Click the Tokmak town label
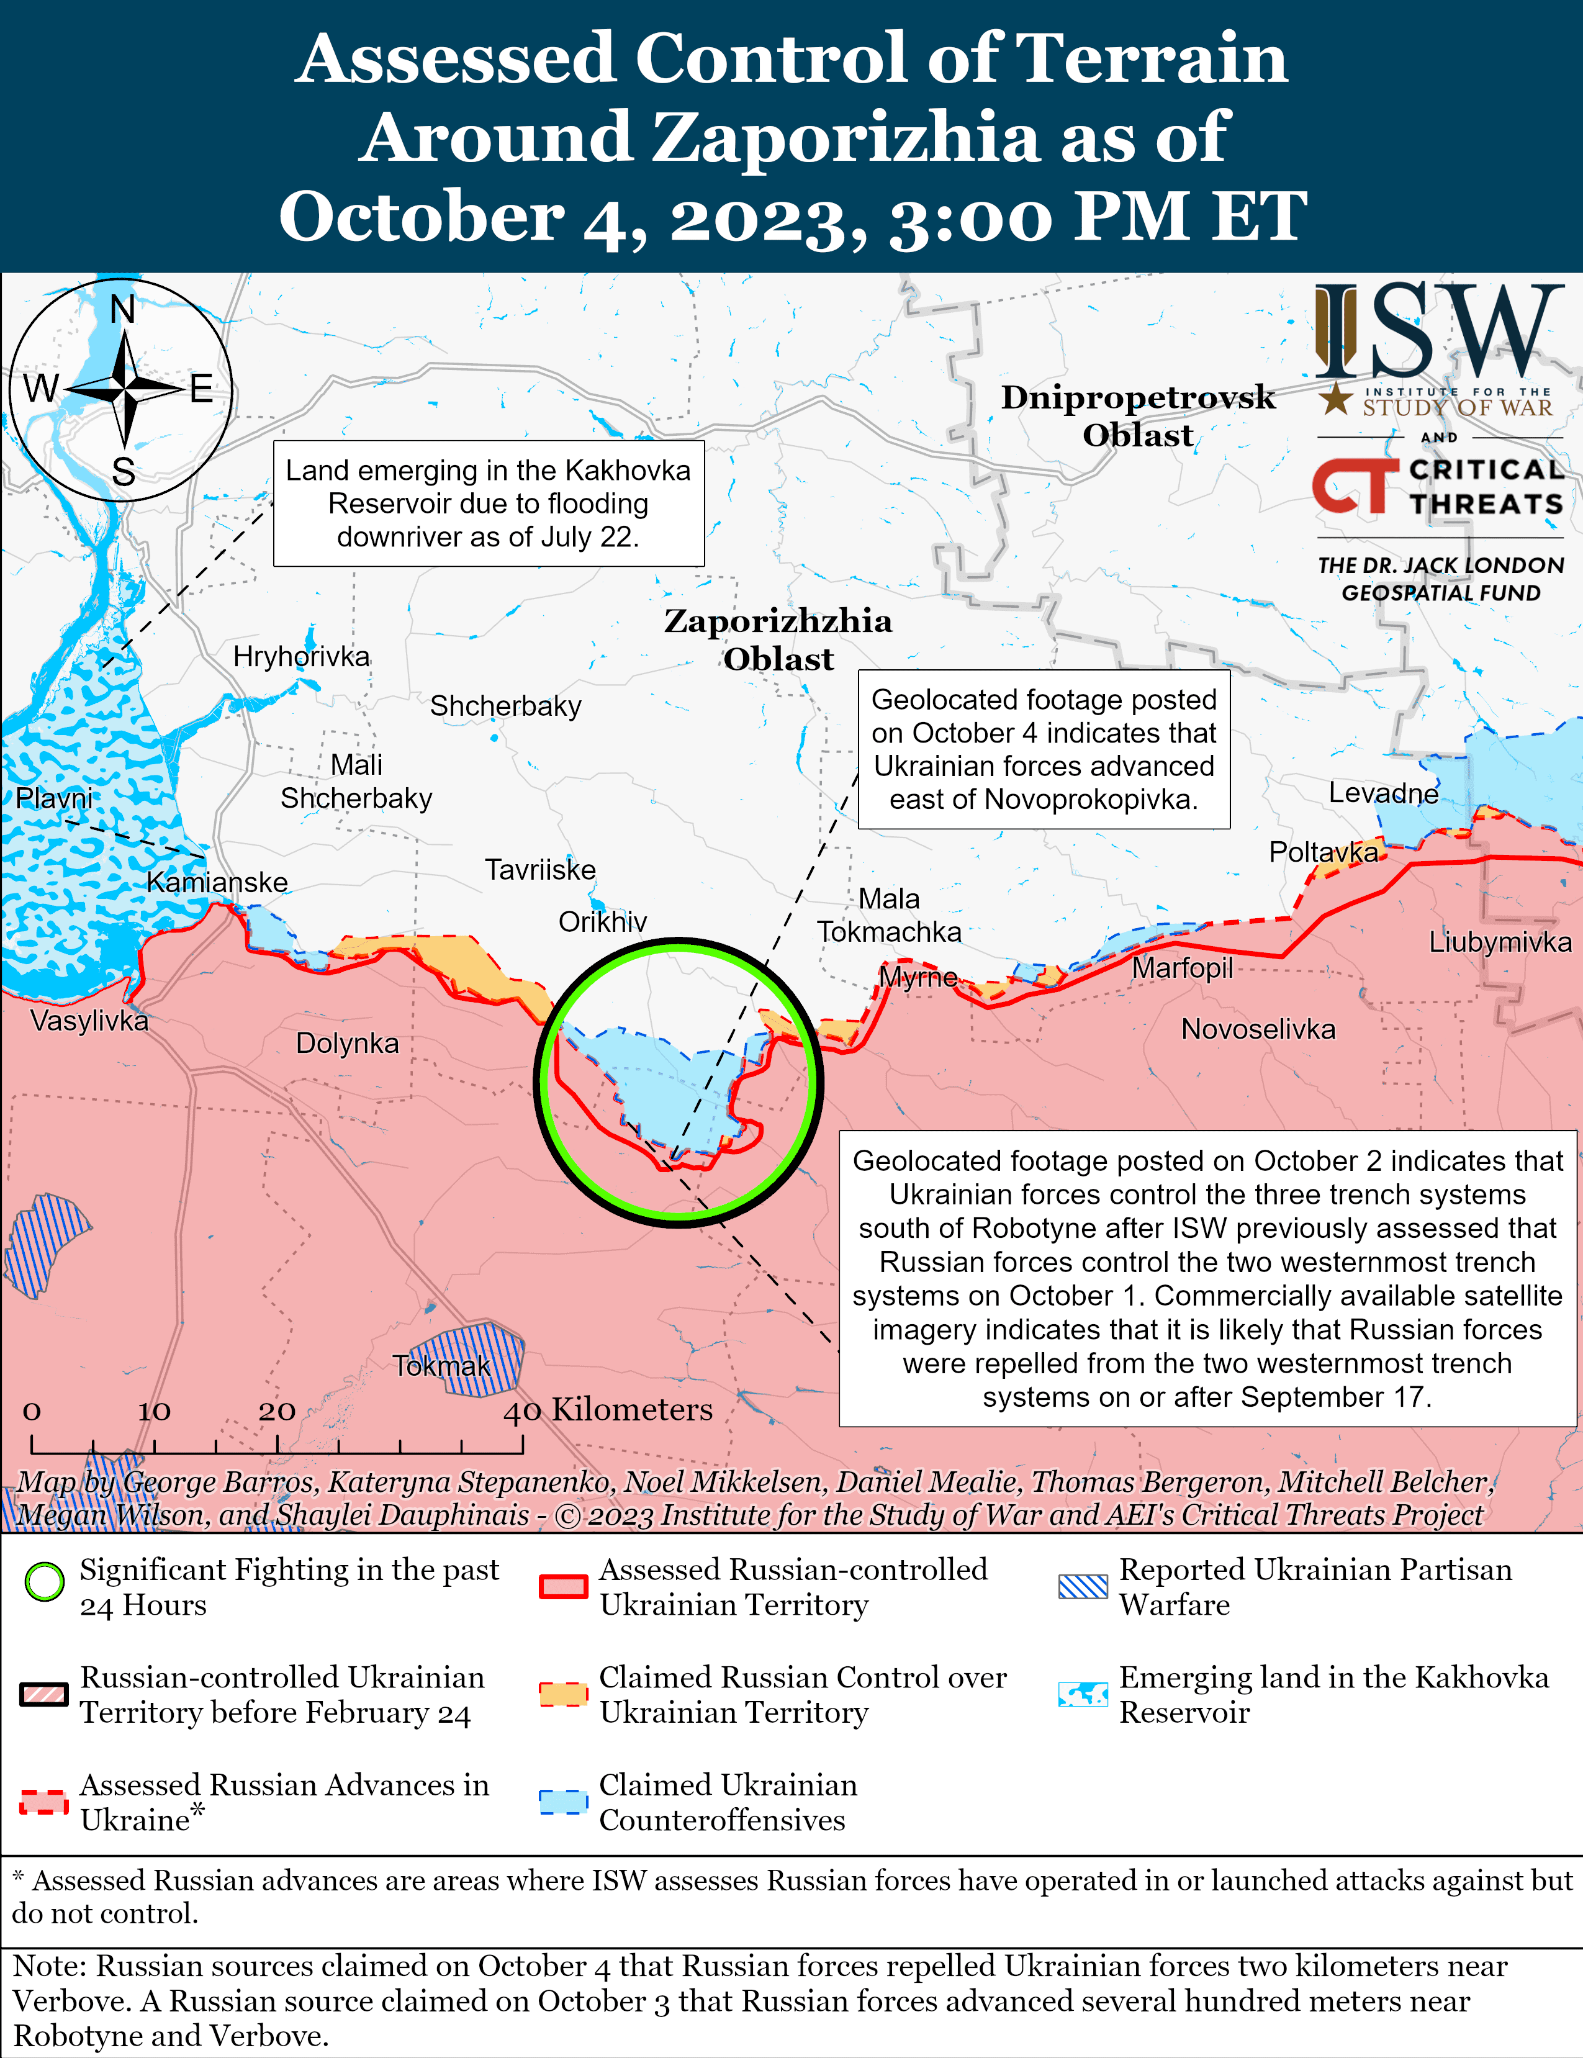coord(441,1365)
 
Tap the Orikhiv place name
coord(602,921)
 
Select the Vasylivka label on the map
coord(89,1021)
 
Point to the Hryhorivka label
coord(302,657)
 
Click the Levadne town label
coord(1383,793)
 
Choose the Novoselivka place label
coord(1258,1029)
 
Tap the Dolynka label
coord(347,1043)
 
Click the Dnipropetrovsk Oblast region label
coord(1137,415)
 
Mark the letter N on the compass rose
coord(122,309)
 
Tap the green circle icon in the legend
coord(44,1582)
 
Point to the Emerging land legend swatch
coord(1083,1694)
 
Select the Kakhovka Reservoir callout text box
coord(488,503)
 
